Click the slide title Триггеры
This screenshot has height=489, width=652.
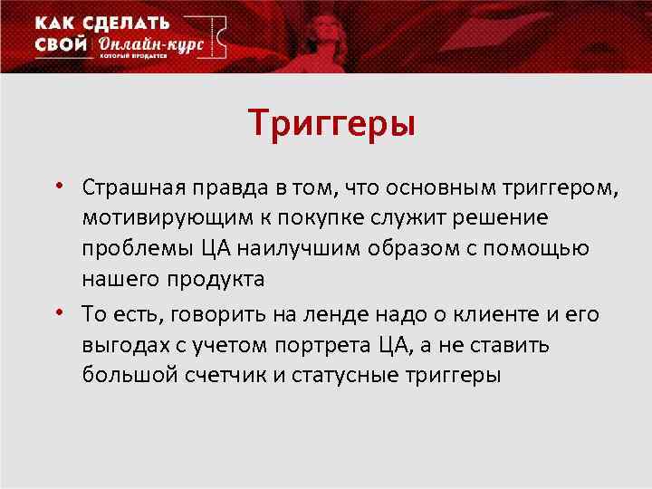pos(332,122)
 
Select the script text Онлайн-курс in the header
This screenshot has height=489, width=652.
pos(150,46)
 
